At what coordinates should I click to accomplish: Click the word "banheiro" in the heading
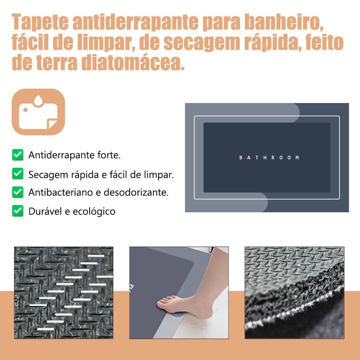[x=284, y=22]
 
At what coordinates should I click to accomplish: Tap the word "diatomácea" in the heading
[x=133, y=63]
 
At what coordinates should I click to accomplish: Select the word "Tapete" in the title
[x=40, y=22]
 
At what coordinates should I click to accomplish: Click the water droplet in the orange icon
[x=38, y=101]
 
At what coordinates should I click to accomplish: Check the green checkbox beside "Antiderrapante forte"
[x=18, y=155]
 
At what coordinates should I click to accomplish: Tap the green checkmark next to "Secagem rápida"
[x=18, y=174]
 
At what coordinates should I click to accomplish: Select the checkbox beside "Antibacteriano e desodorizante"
[x=18, y=192]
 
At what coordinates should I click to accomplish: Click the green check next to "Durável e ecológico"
[x=18, y=211]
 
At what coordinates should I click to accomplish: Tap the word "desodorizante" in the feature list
[x=136, y=192]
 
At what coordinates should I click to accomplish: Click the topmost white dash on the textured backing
[x=96, y=256]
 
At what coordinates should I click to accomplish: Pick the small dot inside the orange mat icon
[x=25, y=110]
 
